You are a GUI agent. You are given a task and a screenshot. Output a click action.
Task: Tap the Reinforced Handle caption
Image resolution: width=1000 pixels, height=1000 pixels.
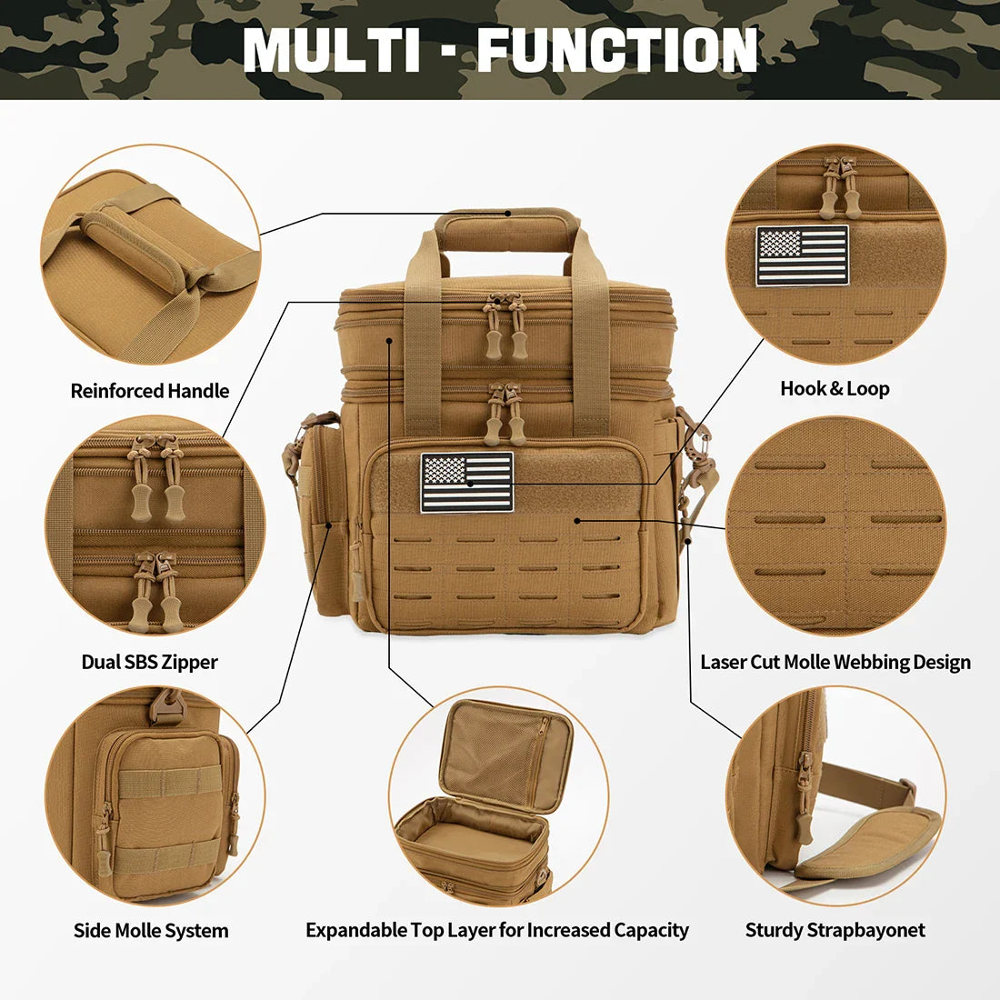pos(150,391)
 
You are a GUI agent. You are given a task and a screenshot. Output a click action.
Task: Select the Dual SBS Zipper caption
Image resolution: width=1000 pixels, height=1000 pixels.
pos(150,662)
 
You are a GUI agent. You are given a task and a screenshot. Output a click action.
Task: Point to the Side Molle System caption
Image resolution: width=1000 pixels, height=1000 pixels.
pos(151,930)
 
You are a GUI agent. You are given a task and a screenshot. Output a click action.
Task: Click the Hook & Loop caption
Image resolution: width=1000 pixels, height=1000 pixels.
pos(835,389)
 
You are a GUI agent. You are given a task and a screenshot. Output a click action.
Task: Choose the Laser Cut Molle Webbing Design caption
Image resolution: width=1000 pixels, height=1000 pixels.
pos(835,662)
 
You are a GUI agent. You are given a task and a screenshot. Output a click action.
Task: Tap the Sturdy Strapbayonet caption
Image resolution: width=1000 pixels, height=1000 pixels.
pos(835,930)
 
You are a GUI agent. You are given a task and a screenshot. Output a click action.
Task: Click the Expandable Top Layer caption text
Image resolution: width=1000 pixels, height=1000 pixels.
pos(497,930)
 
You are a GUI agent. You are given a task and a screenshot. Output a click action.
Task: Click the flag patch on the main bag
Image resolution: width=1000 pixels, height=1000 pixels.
pos(466,483)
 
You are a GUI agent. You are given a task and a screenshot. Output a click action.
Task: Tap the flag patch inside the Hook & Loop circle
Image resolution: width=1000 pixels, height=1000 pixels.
pos(802,255)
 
